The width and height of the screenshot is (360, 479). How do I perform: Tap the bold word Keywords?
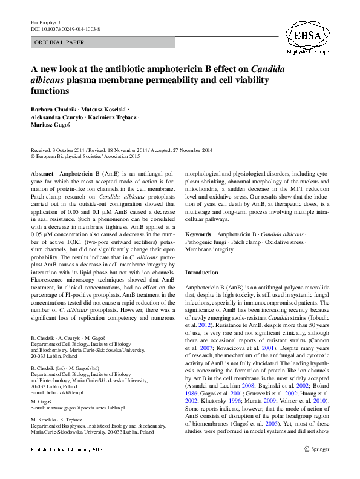[x=198, y=234]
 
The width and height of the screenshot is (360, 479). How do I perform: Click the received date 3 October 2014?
[x=71, y=150]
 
